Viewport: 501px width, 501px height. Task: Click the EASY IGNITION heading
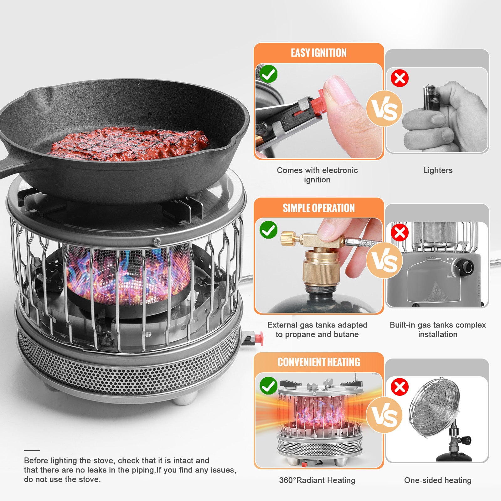click(318, 53)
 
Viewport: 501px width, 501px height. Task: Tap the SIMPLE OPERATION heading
click(318, 208)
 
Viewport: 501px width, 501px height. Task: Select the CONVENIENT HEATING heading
click(318, 362)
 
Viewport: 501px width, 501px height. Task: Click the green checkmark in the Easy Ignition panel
click(269, 74)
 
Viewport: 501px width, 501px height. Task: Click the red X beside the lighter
click(400, 78)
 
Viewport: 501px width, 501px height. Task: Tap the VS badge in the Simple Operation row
click(384, 261)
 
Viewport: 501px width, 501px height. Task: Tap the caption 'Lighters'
click(437, 170)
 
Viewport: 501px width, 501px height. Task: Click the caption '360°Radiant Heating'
click(317, 480)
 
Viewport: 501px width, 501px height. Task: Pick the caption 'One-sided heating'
click(437, 480)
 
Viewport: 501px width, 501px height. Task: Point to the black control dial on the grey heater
click(466, 267)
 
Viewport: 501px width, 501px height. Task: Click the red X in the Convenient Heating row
click(400, 387)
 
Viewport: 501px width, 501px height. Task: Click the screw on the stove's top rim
click(157, 241)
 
